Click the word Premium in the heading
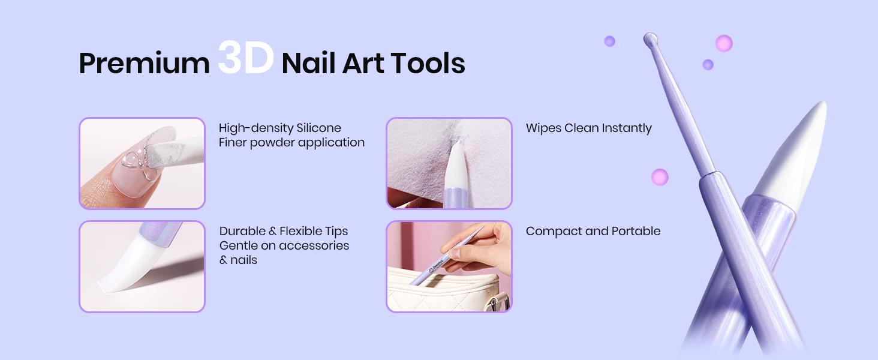(144, 64)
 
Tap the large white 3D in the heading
(246, 59)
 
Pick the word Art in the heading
(362, 64)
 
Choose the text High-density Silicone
(279, 128)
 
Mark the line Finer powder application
(291, 143)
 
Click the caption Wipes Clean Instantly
(588, 128)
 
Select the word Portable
(636, 231)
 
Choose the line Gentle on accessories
(284, 245)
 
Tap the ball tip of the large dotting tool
(650, 40)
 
